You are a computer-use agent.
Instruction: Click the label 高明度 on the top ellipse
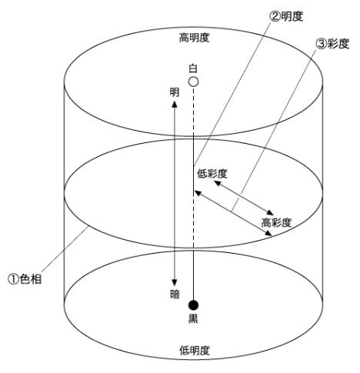click(x=194, y=38)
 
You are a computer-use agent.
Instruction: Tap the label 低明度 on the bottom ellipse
click(x=195, y=350)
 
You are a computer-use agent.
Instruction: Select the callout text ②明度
click(x=286, y=17)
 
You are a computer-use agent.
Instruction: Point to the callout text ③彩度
click(x=332, y=44)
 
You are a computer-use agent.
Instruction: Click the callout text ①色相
click(x=25, y=279)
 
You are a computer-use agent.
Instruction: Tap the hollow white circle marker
click(x=193, y=82)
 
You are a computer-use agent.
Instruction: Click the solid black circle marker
click(x=193, y=305)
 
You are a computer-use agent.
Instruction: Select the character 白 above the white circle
click(x=193, y=68)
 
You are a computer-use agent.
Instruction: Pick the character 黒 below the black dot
click(x=193, y=318)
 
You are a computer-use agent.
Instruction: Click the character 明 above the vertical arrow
click(x=175, y=92)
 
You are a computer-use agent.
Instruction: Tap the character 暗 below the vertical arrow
click(x=175, y=294)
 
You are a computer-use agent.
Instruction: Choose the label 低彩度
click(x=212, y=174)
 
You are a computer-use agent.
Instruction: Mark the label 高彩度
click(x=276, y=222)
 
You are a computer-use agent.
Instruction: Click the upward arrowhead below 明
click(x=175, y=104)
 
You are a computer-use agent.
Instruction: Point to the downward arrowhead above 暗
click(x=175, y=282)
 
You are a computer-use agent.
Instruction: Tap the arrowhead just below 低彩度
click(x=217, y=183)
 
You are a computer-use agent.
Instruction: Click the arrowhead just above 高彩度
click(x=270, y=212)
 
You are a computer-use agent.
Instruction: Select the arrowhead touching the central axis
click(x=198, y=192)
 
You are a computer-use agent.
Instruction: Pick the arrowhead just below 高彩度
click(x=268, y=233)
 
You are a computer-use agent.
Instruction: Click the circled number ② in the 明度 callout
click(x=275, y=17)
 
